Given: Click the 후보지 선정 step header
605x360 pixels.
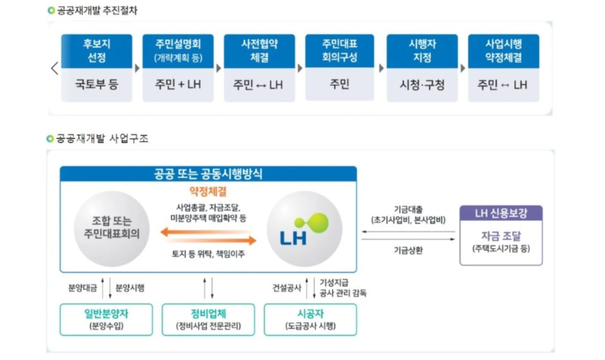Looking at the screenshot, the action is pyautogui.click(x=97, y=51).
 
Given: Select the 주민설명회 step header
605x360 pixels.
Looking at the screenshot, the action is pyautogui.click(x=178, y=51).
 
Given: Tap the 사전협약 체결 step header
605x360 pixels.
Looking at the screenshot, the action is pyautogui.click(x=259, y=51).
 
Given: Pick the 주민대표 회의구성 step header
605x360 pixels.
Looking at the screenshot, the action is pyautogui.click(x=340, y=51).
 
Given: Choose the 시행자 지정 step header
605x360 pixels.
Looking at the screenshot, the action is pyautogui.click(x=422, y=51).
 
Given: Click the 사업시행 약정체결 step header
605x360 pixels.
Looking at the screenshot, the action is pyautogui.click(x=504, y=51).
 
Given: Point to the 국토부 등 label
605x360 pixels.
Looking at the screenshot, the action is pyautogui.click(x=97, y=84).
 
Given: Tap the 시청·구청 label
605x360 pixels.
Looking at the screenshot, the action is pyautogui.click(x=422, y=85).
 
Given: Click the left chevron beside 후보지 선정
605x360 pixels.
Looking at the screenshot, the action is pyautogui.click(x=54, y=68).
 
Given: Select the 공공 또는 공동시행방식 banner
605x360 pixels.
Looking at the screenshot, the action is pyautogui.click(x=208, y=174).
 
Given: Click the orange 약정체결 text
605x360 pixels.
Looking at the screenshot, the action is pyautogui.click(x=208, y=191).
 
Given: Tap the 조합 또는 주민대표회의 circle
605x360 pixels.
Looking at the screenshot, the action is pyautogui.click(x=112, y=229).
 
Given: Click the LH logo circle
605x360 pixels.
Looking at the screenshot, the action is pyautogui.click(x=305, y=229).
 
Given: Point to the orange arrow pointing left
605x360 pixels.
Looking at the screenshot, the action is pyautogui.click(x=206, y=232).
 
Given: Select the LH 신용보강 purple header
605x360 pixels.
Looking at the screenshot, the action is pyautogui.click(x=501, y=213).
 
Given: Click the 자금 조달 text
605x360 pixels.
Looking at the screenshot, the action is pyautogui.click(x=501, y=236).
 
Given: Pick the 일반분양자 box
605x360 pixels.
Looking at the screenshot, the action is pyautogui.click(x=106, y=320).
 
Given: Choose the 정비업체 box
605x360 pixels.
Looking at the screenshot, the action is pyautogui.click(x=208, y=320).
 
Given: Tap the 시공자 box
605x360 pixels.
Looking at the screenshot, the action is pyautogui.click(x=310, y=320).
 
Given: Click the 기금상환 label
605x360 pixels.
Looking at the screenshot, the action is pyautogui.click(x=408, y=250).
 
